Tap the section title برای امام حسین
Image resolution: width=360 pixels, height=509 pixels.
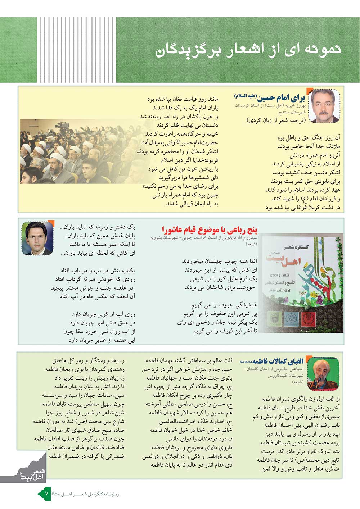[x=281, y=97]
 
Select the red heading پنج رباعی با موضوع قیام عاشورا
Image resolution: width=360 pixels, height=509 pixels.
[x=210, y=229]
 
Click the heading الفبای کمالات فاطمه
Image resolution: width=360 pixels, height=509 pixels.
[x=278, y=361]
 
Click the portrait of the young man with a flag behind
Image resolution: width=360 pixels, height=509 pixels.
[x=37, y=238]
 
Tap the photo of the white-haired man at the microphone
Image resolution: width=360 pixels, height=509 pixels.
[x=323, y=374]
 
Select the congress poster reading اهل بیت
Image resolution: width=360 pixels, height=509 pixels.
[x=302, y=283]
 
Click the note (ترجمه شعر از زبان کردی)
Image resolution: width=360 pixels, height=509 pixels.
[x=276, y=121]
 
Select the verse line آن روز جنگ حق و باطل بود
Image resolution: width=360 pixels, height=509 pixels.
[x=309, y=138]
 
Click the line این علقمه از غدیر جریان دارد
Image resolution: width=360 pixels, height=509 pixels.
[x=102, y=340]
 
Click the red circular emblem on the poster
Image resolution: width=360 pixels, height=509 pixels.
[x=308, y=318]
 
